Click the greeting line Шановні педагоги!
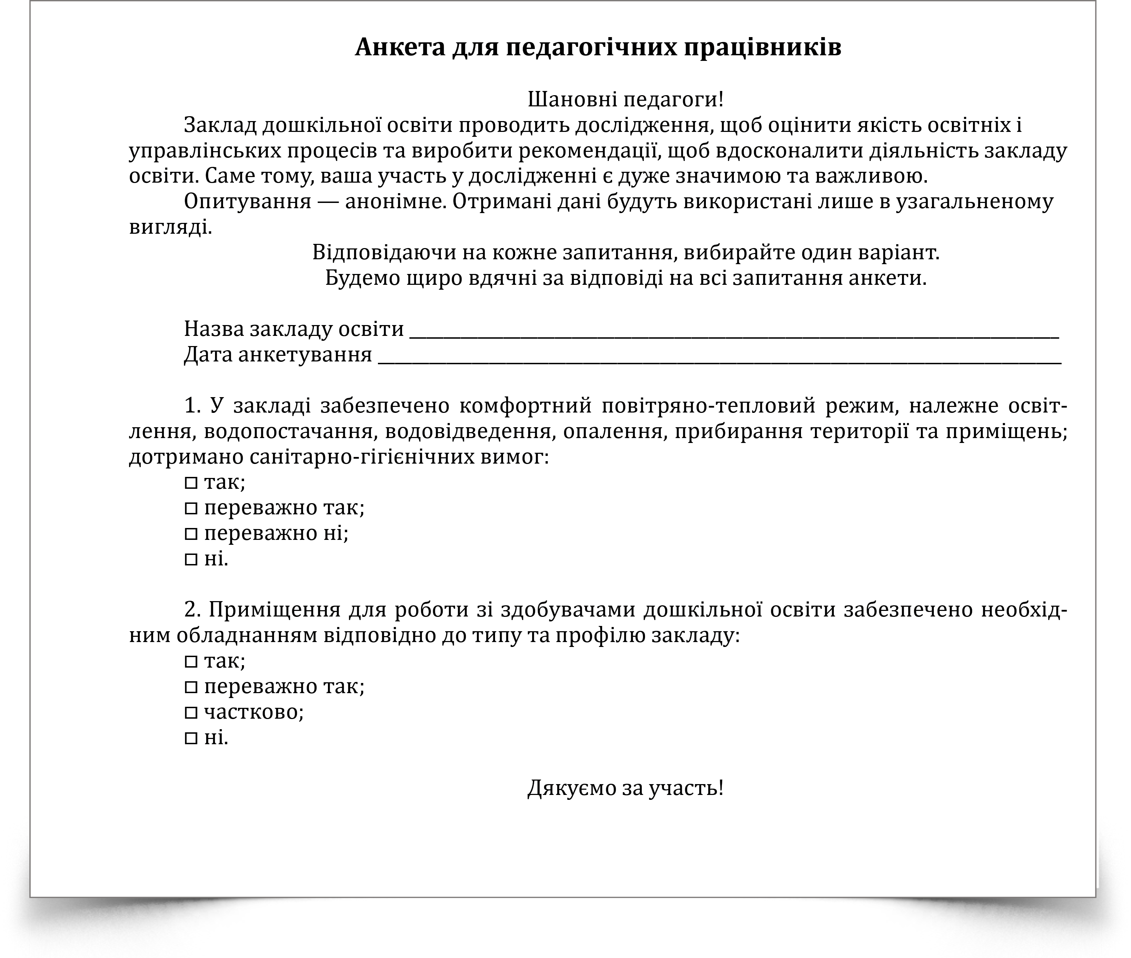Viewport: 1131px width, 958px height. point(625,99)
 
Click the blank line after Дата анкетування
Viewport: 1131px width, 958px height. point(719,357)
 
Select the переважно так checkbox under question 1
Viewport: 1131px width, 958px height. point(191,508)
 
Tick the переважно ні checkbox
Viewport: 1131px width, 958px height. point(191,534)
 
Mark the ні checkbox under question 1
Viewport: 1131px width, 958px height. point(191,559)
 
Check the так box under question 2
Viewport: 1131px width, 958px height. point(191,662)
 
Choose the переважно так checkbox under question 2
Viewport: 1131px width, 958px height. point(191,687)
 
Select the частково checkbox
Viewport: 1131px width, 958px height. point(191,712)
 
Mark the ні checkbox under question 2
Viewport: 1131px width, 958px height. point(191,738)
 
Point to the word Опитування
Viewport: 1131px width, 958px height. point(248,202)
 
